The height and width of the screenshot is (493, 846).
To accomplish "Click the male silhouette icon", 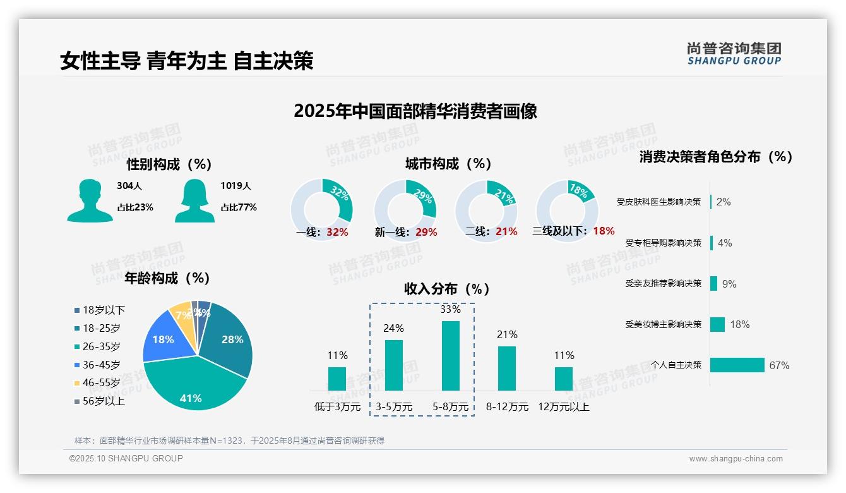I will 90,200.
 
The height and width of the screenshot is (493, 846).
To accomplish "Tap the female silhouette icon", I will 194,200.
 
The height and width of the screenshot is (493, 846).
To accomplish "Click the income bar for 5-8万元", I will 451,355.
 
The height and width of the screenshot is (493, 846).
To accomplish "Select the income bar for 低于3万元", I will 337,379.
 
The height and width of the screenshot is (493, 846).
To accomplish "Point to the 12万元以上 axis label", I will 563,407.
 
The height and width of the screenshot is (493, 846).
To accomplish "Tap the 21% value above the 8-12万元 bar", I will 507,334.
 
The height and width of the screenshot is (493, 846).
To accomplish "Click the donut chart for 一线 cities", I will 321,209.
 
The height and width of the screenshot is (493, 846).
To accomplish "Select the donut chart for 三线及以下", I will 567,209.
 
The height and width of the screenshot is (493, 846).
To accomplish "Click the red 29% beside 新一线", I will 426,232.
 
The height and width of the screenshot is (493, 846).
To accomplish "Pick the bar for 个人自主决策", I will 737,365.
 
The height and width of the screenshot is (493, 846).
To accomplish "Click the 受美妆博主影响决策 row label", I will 663,324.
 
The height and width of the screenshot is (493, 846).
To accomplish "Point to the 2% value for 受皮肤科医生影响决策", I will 724,202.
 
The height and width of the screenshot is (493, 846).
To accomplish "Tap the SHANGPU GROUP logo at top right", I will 734,54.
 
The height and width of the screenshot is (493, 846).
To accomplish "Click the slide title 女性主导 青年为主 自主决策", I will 187,61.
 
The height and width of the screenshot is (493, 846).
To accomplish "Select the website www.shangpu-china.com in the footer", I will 736,458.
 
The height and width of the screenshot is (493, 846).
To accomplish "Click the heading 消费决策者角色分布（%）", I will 715,157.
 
